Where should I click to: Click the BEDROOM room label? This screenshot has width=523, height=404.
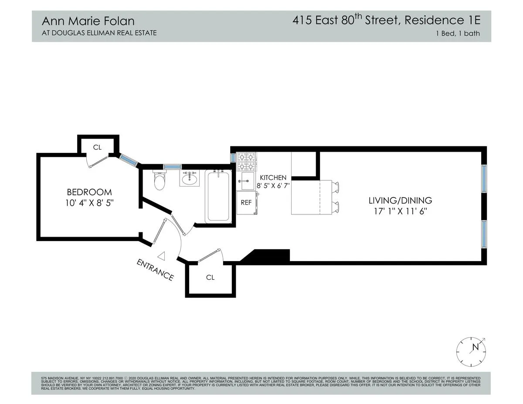point(89,192)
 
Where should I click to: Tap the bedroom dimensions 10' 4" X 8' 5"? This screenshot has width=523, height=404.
point(89,203)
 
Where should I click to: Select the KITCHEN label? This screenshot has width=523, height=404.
point(273,178)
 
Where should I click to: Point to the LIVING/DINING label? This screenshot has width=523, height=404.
point(400,201)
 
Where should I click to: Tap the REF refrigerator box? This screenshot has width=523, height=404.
point(246,203)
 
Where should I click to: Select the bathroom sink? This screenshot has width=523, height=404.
point(190,178)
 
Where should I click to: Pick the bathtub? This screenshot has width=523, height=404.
point(218,196)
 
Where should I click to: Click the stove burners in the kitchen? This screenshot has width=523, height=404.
point(246,161)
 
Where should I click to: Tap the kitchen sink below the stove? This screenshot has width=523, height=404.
point(246,180)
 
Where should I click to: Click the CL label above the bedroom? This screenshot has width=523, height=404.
point(97,147)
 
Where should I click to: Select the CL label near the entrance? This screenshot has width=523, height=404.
point(210,277)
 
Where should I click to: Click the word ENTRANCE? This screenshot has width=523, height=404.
point(155,270)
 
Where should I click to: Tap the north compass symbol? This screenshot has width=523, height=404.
point(471,351)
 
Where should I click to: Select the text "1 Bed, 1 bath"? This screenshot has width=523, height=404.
point(458,33)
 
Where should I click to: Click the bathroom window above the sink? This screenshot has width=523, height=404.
point(172,166)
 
